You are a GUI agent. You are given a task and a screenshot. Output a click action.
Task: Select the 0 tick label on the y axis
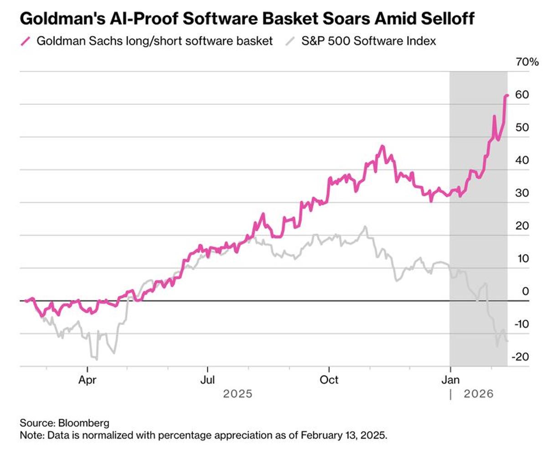click(x=525, y=291)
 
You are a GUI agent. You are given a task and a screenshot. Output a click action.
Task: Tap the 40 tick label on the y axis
click(x=522, y=160)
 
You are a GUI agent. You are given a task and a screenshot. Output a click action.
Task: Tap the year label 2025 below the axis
click(x=237, y=394)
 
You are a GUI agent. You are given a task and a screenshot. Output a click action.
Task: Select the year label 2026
click(x=479, y=394)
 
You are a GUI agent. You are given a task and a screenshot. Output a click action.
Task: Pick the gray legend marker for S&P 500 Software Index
click(x=290, y=41)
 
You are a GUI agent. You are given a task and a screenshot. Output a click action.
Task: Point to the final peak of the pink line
click(x=507, y=95)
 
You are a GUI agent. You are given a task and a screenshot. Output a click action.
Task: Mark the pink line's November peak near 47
click(x=382, y=146)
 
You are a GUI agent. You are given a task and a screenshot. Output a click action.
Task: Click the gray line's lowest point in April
click(x=96, y=359)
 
